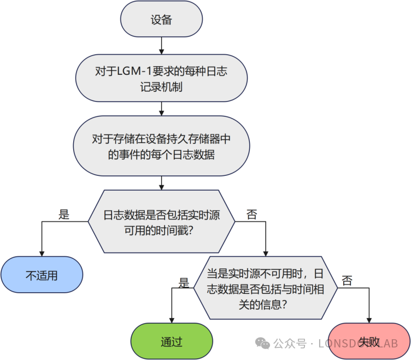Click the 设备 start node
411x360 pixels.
pyautogui.click(x=161, y=20)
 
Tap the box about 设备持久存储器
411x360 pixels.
pyautogui.click(x=161, y=146)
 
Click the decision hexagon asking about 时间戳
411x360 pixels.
pyautogui.click(x=161, y=222)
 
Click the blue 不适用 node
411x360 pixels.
pyautogui.click(x=42, y=275)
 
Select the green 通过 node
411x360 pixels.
pyautogui.click(x=172, y=341)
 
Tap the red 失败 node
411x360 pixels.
pyautogui.click(x=369, y=341)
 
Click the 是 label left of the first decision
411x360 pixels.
pyautogui.click(x=64, y=214)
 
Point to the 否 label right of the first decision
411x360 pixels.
pyautogui.click(x=251, y=214)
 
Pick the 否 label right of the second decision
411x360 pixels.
pyautogui.click(x=347, y=281)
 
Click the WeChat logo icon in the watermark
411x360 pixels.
pyautogui.click(x=263, y=343)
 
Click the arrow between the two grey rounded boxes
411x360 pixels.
pyautogui.click(x=161, y=110)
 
